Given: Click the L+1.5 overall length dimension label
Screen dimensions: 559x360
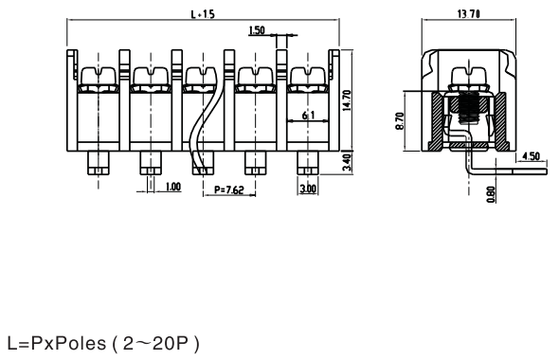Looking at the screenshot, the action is [x=203, y=14].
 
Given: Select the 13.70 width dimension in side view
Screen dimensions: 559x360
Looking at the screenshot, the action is [x=468, y=14].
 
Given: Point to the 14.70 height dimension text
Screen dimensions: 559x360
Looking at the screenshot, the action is [x=347, y=100].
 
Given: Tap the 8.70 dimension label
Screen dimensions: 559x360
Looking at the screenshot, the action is [x=400, y=121].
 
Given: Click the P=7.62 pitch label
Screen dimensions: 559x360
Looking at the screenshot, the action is [x=229, y=189].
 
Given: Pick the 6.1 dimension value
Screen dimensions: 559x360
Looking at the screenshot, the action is [x=308, y=116].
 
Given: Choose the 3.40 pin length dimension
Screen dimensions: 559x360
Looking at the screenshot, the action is [x=347, y=162].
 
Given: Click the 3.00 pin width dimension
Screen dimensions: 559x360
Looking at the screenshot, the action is [x=308, y=189].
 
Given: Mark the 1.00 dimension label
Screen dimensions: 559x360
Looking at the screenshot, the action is [x=173, y=187].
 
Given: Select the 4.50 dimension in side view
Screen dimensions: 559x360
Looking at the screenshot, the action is [x=531, y=155].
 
